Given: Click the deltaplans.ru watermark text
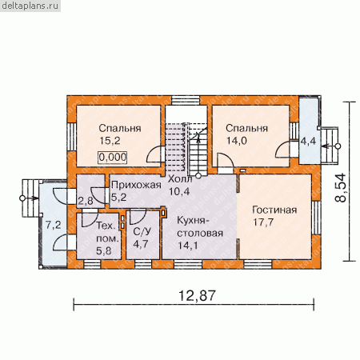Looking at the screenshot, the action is (30, 6).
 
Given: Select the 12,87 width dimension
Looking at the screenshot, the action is (197, 296).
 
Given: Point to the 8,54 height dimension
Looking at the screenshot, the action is (341, 188).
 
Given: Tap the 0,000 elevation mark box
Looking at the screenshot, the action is (113, 158).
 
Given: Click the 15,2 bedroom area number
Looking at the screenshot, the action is (110, 141).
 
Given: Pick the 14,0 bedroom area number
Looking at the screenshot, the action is (237, 141).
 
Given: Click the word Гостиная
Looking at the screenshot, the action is (274, 210).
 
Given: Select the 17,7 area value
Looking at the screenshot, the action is (263, 222).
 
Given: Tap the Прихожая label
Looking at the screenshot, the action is (136, 185).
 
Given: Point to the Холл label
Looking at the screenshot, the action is (180, 179).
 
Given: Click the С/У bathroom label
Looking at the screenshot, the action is (142, 232).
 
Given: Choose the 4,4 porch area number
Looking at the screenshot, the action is (308, 141).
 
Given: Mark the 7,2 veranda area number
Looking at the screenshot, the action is (54, 226).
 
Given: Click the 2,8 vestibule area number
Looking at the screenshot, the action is (86, 201).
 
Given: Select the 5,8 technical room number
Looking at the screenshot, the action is (104, 250).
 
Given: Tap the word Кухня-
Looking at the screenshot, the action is (191, 221).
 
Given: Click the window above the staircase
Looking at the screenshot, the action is (186, 100).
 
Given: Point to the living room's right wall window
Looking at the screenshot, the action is (316, 218).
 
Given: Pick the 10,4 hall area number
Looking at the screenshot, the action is (179, 191).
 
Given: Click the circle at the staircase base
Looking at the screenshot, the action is (198, 175).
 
